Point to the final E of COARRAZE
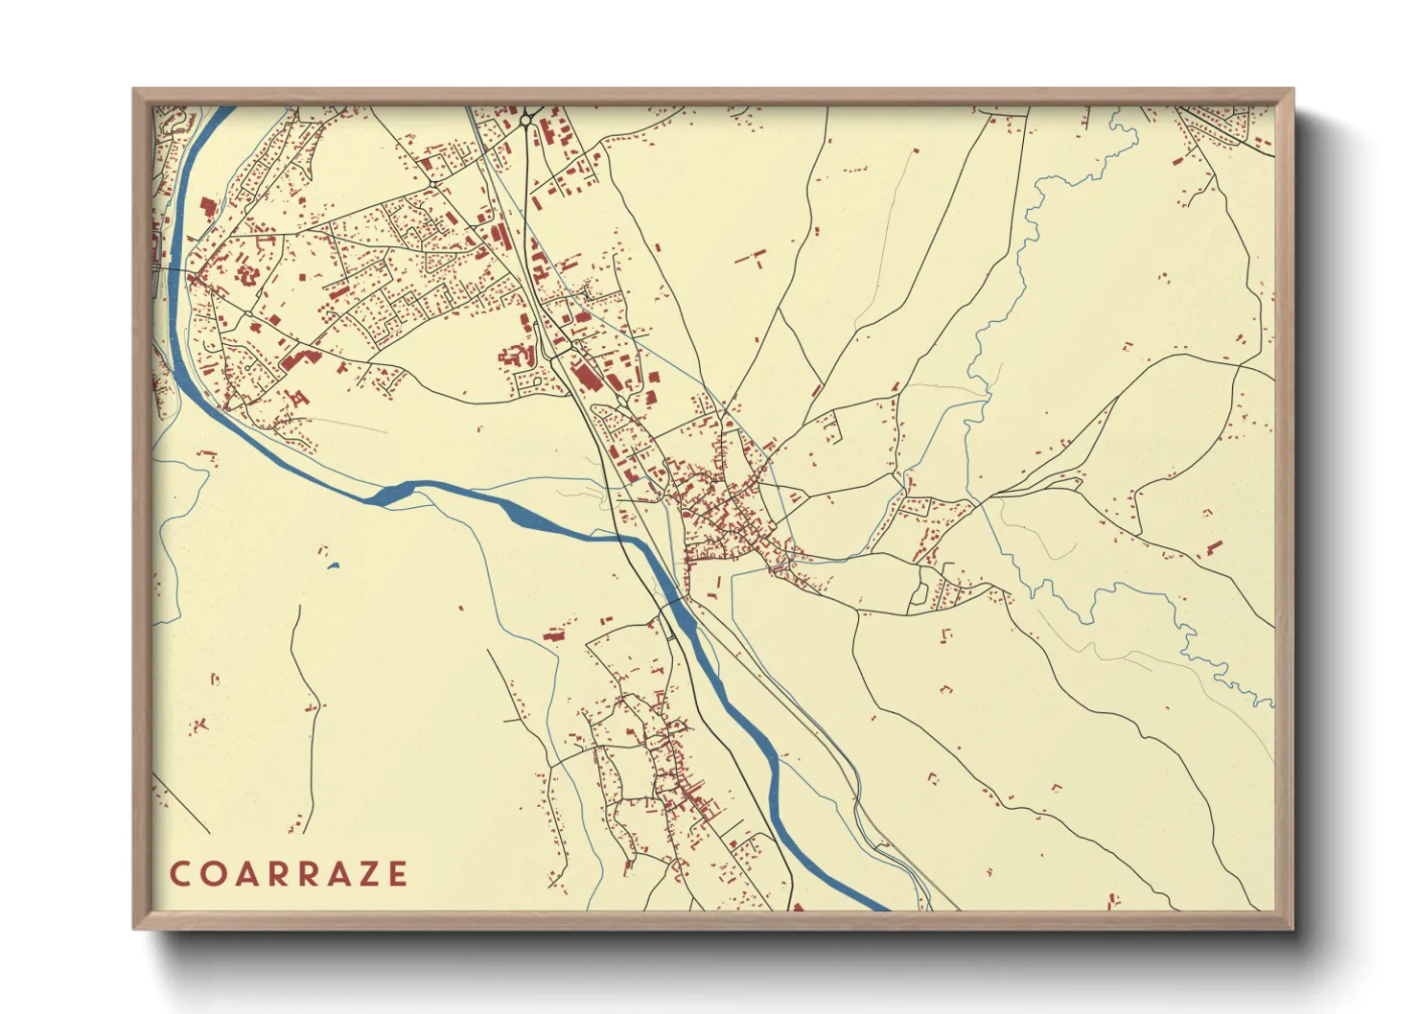tap(396, 874)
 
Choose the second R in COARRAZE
tap(305, 874)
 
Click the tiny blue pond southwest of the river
tap(333, 565)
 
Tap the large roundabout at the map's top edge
tap(526, 120)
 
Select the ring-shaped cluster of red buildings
tap(248, 274)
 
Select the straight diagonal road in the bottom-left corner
tap(181, 804)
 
